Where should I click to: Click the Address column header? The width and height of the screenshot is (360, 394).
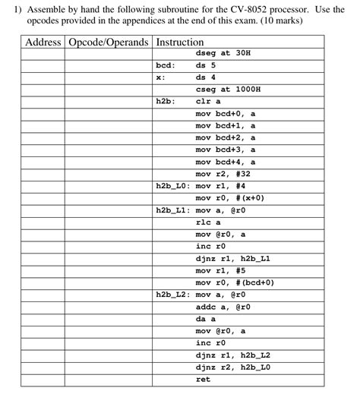(x=43, y=43)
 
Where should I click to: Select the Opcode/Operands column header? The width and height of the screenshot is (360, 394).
(x=109, y=43)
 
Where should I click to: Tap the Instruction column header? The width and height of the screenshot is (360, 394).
(x=179, y=43)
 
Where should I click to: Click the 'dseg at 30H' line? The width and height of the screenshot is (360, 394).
(x=223, y=54)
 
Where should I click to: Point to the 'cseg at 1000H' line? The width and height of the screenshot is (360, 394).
(x=228, y=89)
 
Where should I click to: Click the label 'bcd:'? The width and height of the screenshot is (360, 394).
(x=166, y=65)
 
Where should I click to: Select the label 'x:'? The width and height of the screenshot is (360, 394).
(x=160, y=77)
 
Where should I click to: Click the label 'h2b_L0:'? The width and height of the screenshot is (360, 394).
(x=172, y=185)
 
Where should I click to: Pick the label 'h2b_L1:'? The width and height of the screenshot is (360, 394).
(x=172, y=210)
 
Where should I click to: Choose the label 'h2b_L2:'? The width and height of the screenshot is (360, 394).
(x=172, y=294)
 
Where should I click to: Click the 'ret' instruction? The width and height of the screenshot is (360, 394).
(x=203, y=379)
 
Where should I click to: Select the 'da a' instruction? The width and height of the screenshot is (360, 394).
(x=206, y=319)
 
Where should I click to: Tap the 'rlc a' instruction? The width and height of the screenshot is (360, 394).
(x=208, y=222)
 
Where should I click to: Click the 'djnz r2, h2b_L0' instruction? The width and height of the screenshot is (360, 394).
(x=233, y=367)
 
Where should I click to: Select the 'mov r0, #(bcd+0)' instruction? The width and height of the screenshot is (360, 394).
(x=235, y=282)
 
